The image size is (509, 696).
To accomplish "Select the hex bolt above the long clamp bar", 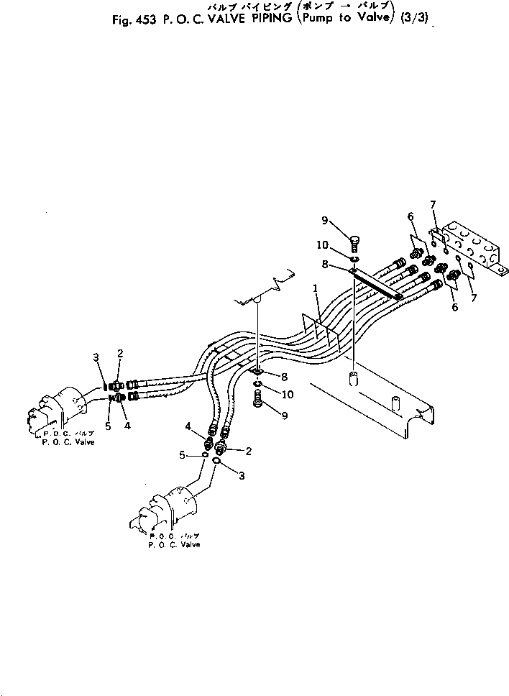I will point(355,242).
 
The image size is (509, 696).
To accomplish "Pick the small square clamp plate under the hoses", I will point(257,372).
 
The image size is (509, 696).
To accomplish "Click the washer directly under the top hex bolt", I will point(355,257).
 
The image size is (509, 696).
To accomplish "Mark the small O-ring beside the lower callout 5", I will point(205,454).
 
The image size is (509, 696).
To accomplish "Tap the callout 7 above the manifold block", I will point(433,205).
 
